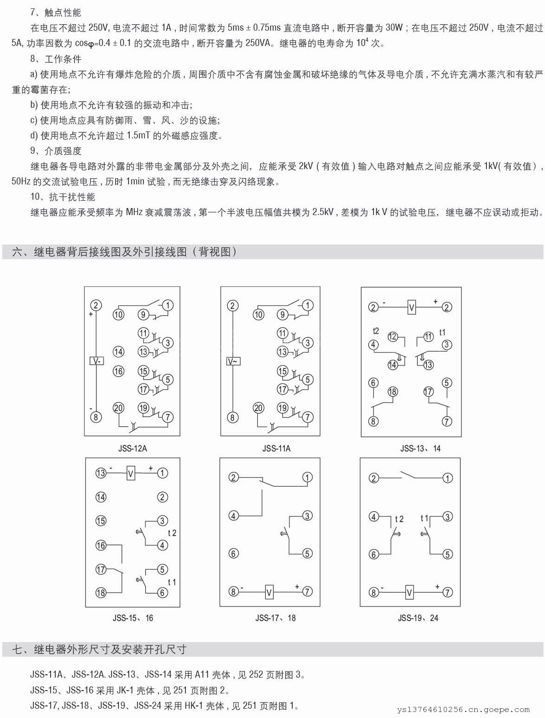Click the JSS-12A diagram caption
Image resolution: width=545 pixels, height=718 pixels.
tap(132, 449)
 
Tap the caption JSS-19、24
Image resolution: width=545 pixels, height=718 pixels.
tap(418, 618)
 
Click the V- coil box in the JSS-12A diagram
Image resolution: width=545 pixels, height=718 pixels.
tap(96, 361)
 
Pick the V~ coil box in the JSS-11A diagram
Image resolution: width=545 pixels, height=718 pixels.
tap(233, 361)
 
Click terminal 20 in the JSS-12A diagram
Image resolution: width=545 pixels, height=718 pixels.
tap(118, 408)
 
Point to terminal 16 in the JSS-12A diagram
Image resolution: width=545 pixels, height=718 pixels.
tap(118, 371)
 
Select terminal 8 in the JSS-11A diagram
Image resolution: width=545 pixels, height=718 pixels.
tap(233, 417)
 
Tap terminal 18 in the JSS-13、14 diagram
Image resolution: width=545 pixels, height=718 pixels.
tap(393, 392)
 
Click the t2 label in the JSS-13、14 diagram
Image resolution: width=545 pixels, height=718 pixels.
tap(376, 331)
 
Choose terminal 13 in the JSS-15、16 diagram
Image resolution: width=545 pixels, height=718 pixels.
tap(101, 473)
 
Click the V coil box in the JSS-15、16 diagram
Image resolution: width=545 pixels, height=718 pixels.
tap(131, 474)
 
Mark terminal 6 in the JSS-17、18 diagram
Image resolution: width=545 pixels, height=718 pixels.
tap(234, 553)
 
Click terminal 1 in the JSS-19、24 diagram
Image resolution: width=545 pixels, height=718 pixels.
tap(447, 478)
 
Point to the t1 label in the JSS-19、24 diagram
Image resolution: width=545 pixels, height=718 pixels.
tap(424, 518)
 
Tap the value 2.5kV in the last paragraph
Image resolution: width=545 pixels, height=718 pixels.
tap(323, 212)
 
